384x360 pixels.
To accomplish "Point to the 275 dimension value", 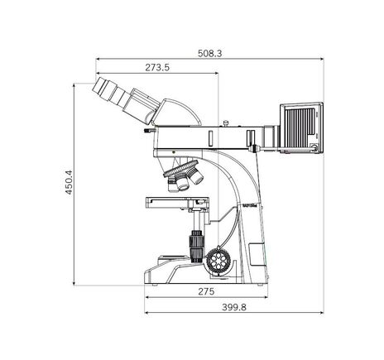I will tap(206, 293).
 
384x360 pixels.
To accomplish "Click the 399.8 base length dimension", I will tap(234, 307).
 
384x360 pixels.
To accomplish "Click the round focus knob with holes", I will tap(220, 262).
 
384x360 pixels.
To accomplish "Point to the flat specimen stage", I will tap(177, 201).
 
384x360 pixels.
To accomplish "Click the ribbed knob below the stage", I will tap(196, 245).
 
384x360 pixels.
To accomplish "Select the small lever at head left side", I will tap(149, 132).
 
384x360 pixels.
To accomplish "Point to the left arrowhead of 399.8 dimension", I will tap(146, 314).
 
